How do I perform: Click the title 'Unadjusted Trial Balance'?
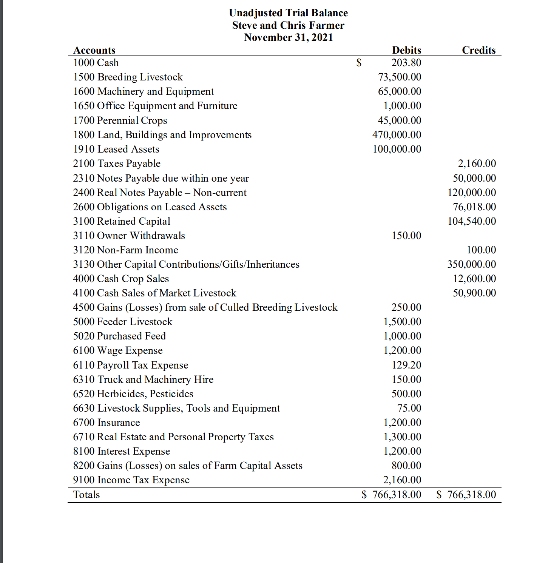[288, 13]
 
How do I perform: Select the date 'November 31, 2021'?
[288, 37]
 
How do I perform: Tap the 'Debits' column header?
[406, 50]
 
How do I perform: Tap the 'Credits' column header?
[478, 50]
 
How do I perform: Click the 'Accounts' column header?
[94, 50]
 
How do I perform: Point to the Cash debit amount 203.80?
[406, 63]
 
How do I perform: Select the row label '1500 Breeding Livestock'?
[128, 77]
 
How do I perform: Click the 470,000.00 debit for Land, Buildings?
[397, 135]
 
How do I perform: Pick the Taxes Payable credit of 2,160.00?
[477, 164]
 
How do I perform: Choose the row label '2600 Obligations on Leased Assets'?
[150, 207]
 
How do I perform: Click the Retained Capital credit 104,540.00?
[472, 221]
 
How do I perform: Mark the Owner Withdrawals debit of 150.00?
[406, 236]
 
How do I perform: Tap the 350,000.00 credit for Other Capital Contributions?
[472, 264]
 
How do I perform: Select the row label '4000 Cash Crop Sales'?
[121, 279]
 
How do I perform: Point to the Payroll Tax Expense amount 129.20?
[406, 365]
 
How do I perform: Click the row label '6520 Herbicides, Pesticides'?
[133, 394]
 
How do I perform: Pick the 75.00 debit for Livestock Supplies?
[409, 408]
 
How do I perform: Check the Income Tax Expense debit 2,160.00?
[402, 480]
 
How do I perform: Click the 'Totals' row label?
[86, 495]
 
